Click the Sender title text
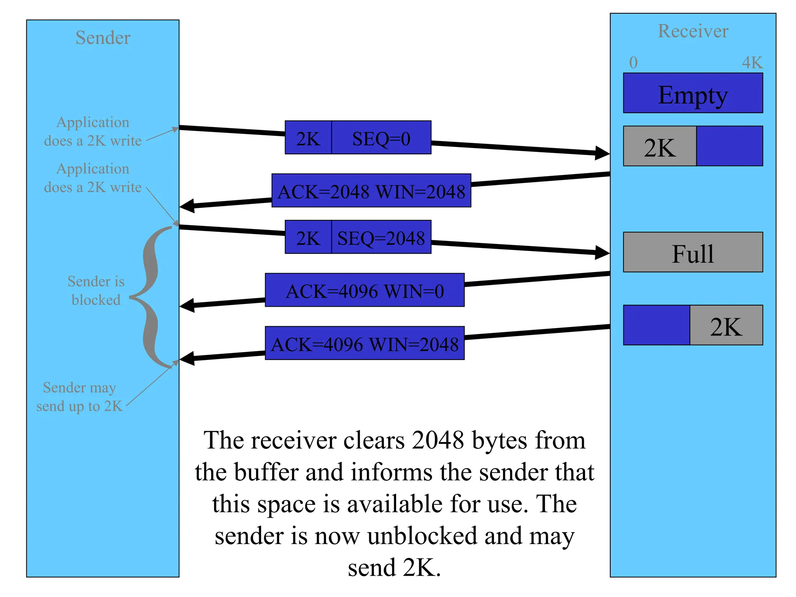[103, 38]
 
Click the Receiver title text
[693, 31]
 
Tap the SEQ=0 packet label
[381, 138]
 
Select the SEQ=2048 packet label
[381, 238]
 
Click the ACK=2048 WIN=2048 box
[371, 191]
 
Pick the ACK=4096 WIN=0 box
[365, 291]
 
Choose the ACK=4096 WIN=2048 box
[365, 344]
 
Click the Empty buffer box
[693, 94]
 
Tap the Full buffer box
[693, 253]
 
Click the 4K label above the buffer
[752, 63]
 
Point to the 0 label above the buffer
[633, 63]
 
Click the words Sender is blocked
[96, 290]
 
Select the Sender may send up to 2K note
[79, 397]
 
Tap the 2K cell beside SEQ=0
[308, 138]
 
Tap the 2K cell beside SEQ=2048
[308, 238]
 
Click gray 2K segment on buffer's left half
[660, 147]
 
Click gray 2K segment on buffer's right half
[726, 326]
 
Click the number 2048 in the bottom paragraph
[438, 440]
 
